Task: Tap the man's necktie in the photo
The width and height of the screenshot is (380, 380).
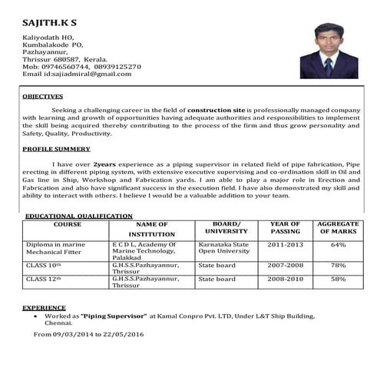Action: pyautogui.click(x=328, y=65)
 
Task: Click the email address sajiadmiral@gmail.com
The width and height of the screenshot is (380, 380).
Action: pyautogui.click(x=88, y=73)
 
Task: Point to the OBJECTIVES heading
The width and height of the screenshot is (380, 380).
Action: pyautogui.click(x=43, y=97)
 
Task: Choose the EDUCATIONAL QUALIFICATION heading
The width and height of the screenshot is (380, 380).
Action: pyautogui.click(x=79, y=216)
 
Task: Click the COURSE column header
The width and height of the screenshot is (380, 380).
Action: pyautogui.click(x=67, y=223)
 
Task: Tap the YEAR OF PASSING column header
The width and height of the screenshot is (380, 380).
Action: pyautogui.click(x=285, y=227)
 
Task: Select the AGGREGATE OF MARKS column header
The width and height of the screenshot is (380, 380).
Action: pyautogui.click(x=338, y=227)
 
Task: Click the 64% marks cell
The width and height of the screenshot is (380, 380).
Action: pyautogui.click(x=338, y=244)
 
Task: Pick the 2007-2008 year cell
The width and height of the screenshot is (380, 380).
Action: pyautogui.click(x=285, y=265)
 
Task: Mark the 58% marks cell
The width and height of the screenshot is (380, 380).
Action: pyautogui.click(x=338, y=279)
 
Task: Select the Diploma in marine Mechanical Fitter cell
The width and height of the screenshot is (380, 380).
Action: pyautogui.click(x=55, y=247)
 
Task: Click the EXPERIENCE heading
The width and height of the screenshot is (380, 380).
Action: pyautogui.click(x=44, y=307)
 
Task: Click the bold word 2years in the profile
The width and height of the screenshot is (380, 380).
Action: pyautogui.click(x=106, y=164)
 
